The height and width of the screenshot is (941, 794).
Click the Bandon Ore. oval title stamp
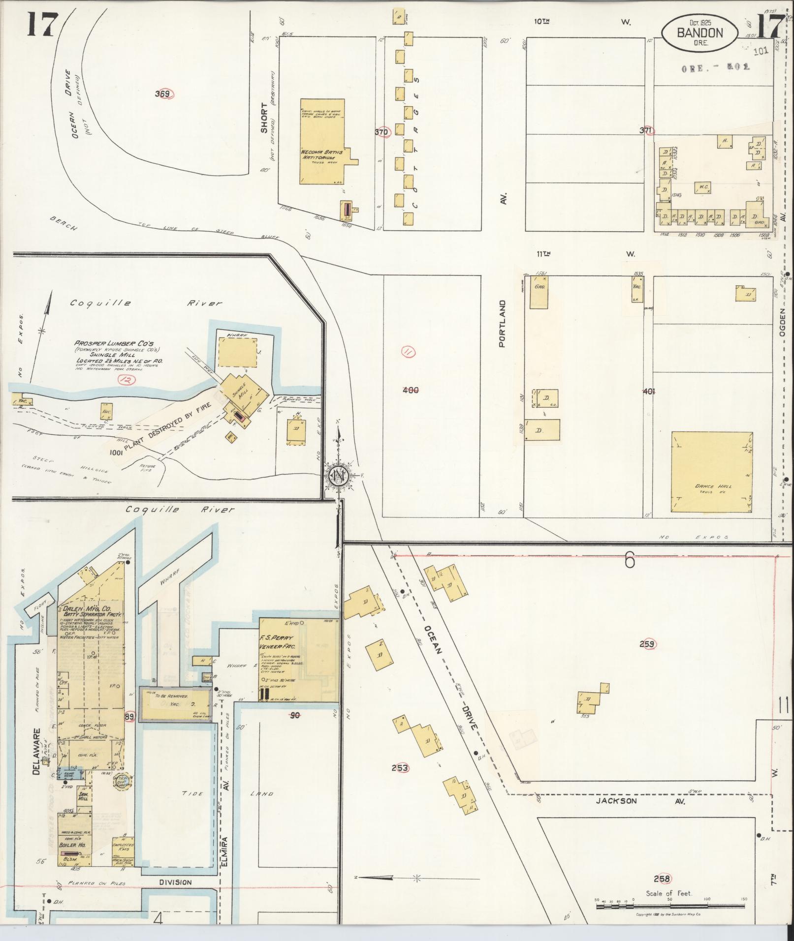[699, 33]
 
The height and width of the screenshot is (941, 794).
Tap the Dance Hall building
[712, 472]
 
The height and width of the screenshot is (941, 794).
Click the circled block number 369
[162, 94]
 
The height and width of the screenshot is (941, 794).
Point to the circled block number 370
[381, 132]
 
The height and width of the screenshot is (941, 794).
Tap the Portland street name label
[502, 324]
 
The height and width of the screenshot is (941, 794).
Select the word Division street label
[175, 882]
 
